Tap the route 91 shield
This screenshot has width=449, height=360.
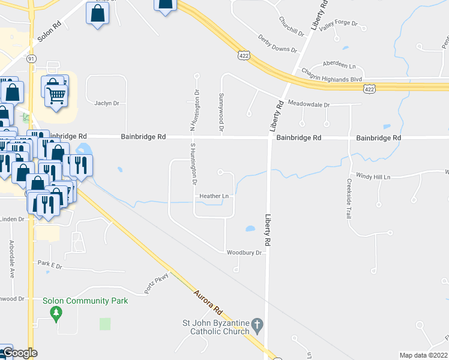pos(31,58)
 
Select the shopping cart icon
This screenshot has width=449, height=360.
pos(56,95)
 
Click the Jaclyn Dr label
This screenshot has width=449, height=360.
pos(107,103)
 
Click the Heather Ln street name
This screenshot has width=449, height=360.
pos(214,196)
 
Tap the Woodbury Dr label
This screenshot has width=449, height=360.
pos(244,253)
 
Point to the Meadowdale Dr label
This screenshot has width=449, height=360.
pos(309,104)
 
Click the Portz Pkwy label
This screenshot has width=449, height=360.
pos(157,281)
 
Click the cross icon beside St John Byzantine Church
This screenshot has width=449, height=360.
pos(257,326)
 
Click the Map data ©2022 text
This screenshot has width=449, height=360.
pos(423,355)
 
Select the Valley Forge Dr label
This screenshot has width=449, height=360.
pos(339,25)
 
